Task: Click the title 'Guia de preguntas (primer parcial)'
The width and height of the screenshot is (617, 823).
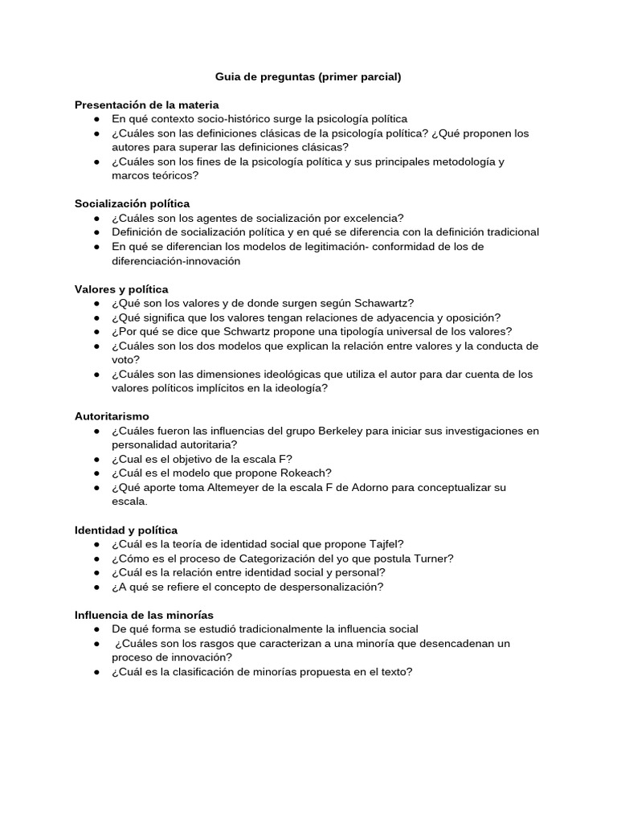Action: [308, 77]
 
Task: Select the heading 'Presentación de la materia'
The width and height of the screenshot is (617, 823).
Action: [146, 104]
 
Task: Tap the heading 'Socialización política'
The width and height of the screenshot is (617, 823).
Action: [132, 203]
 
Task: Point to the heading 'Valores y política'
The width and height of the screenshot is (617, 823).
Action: [121, 289]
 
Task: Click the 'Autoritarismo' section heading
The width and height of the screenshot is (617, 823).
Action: [112, 416]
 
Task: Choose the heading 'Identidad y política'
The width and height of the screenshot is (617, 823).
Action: [126, 530]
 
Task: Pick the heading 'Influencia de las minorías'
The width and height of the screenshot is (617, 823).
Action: [144, 615]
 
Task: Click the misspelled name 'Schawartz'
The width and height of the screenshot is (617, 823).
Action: [384, 303]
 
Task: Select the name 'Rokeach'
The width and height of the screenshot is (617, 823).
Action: [303, 473]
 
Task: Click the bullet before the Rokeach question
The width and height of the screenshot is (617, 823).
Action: [96, 473]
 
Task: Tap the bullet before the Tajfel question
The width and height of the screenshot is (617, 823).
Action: [96, 544]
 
